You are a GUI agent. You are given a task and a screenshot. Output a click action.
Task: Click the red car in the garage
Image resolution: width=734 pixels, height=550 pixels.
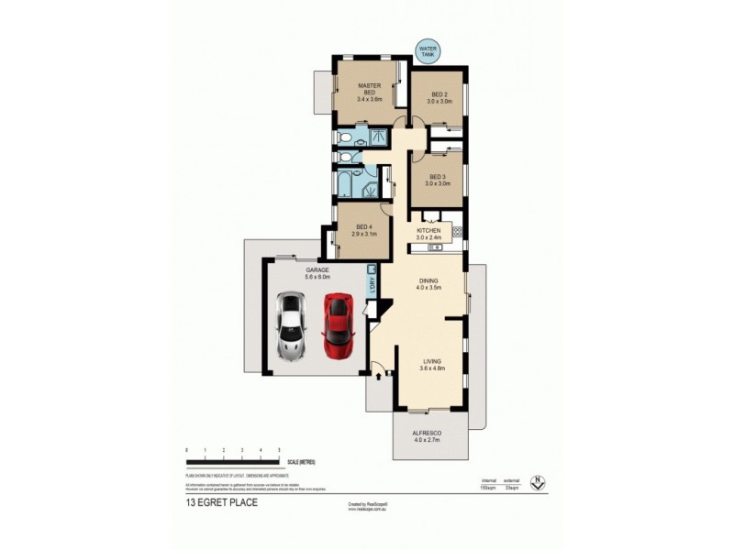(x=338, y=326)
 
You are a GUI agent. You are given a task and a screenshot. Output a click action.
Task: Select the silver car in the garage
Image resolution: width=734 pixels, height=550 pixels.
(x=290, y=325)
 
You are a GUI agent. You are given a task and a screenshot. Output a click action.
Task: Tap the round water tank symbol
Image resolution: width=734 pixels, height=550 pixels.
(x=428, y=50)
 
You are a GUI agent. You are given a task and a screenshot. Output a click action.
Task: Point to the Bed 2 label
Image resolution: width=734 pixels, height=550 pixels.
(x=439, y=99)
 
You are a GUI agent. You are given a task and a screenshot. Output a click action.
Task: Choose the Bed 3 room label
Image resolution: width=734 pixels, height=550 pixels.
(x=439, y=180)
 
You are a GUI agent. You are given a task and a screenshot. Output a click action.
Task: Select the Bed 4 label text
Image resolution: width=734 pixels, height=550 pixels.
(x=364, y=230)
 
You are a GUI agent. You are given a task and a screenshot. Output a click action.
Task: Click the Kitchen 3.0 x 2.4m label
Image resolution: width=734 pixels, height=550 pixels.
(x=429, y=234)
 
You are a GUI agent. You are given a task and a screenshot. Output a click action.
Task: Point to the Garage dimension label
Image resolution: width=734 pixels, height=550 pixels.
(x=317, y=272)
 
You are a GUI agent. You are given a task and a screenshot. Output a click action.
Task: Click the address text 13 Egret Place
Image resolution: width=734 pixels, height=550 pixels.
(x=220, y=503)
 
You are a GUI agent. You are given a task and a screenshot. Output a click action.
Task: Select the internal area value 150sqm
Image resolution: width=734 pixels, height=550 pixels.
(x=489, y=486)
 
